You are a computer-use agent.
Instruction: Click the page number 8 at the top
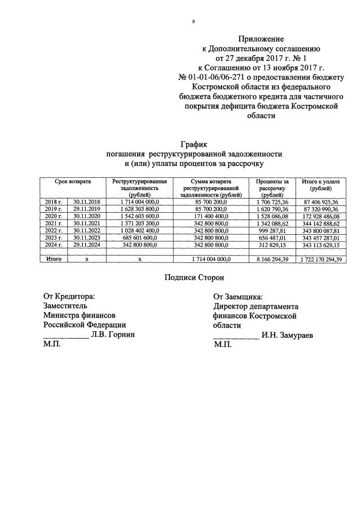tap(193, 21)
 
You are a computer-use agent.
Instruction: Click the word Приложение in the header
tap(261, 39)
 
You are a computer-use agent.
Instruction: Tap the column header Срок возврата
tap(73, 182)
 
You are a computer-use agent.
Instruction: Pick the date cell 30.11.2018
tap(84, 201)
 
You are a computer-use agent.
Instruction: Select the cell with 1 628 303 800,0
tap(140, 209)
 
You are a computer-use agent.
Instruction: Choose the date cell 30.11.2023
tap(84, 238)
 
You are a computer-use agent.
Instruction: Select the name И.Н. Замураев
tap(288, 335)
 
